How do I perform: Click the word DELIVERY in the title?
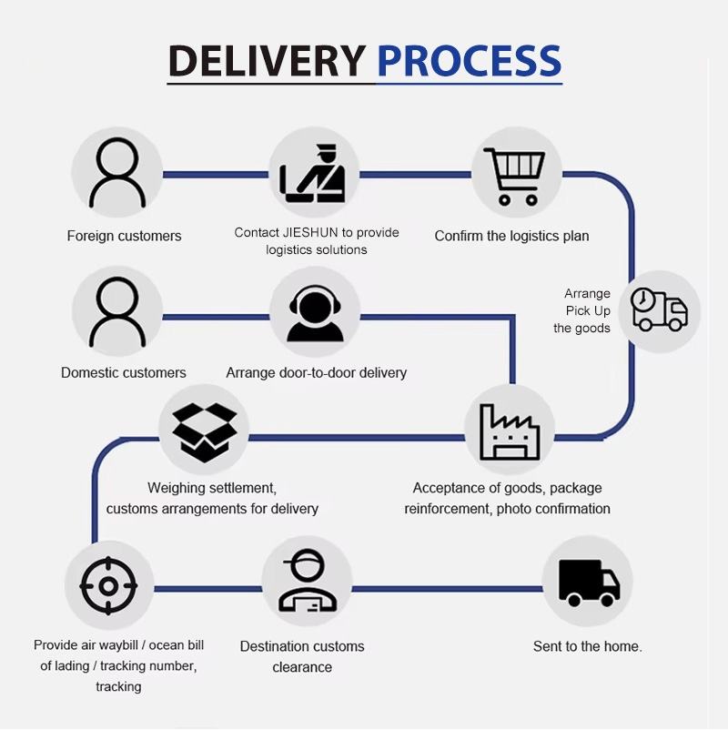coord(267,60)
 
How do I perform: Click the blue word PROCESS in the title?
coord(470,60)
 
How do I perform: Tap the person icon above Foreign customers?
coord(117,173)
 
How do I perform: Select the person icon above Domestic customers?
coord(117,312)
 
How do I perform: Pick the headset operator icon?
coord(315,313)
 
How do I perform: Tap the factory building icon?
coord(510,432)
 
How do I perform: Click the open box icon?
coord(205,432)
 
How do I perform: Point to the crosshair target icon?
coord(108,585)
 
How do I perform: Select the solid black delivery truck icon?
coord(590,583)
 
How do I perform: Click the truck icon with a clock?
coord(659,309)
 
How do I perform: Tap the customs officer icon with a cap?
coord(308,580)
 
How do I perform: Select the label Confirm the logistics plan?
coord(511,236)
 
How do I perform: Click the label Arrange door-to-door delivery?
coord(316,372)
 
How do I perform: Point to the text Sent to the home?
coord(588,646)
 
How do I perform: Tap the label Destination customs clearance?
coord(302,656)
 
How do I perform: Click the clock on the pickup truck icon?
coord(643,298)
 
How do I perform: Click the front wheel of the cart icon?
coord(531,200)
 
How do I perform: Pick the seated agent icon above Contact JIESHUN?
coord(312,174)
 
